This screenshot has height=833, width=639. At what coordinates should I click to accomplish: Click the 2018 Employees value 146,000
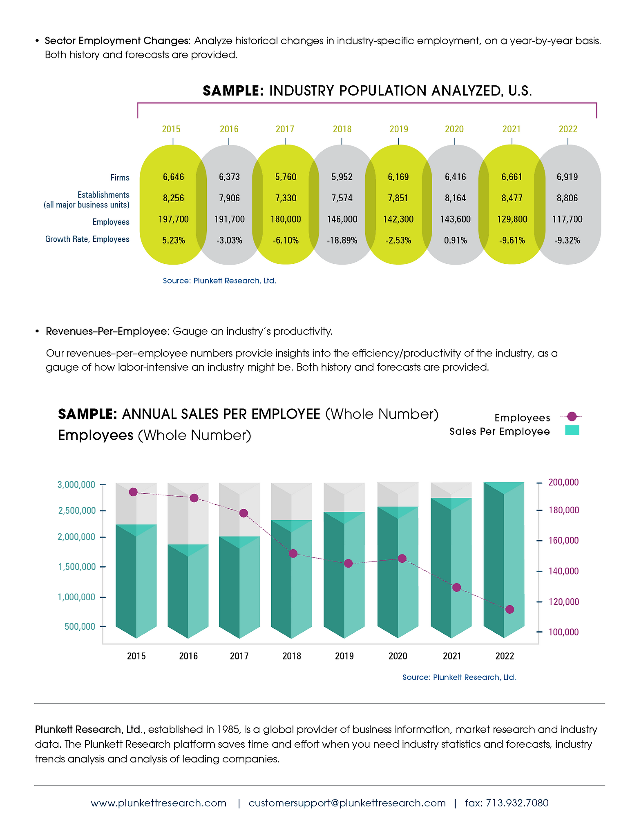tap(342, 219)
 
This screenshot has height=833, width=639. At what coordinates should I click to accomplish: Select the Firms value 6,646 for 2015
tap(173, 177)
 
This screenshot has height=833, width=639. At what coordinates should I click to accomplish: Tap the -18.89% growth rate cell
tap(342, 241)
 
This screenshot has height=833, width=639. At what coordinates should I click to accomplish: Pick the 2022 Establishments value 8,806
tap(567, 198)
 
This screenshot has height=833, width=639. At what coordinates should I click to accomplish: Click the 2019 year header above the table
tap(399, 129)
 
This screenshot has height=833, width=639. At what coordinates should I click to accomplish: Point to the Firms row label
tap(120, 178)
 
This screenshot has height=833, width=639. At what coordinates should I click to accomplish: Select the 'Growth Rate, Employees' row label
tap(87, 239)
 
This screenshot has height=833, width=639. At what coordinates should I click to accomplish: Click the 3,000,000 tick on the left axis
tap(76, 485)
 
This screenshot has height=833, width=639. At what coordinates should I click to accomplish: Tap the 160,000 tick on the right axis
tap(563, 541)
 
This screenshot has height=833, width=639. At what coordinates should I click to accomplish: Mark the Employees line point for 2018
tap(293, 554)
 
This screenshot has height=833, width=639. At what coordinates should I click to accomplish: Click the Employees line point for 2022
tap(509, 609)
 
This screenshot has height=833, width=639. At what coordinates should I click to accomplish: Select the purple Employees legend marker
tap(572, 416)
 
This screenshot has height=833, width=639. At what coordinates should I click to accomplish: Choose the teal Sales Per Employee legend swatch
tap(572, 430)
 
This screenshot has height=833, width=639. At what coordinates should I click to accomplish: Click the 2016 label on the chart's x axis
tap(188, 656)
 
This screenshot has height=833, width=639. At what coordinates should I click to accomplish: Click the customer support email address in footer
tap(347, 803)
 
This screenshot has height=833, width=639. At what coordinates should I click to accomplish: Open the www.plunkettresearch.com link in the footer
tap(159, 803)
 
